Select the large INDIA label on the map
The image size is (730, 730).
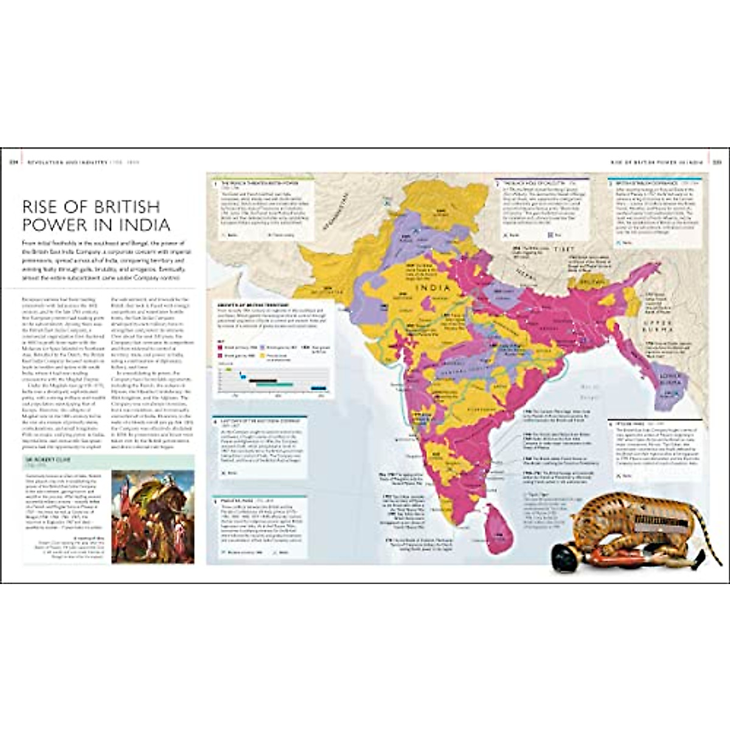click(433, 288)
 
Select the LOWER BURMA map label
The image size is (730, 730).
click(667, 384)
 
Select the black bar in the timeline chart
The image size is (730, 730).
click(262, 380)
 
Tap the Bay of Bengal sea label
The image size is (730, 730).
click(589, 389)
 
